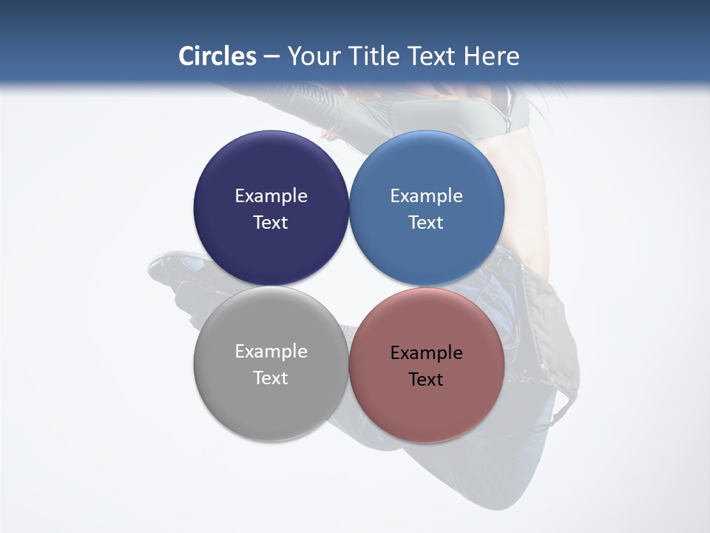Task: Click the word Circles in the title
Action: (x=217, y=56)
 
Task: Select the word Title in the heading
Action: (x=376, y=56)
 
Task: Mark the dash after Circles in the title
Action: (x=271, y=57)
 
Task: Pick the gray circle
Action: (x=271, y=403)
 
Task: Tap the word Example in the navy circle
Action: (x=271, y=196)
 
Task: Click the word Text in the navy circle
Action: (x=271, y=223)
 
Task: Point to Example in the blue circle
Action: (x=427, y=196)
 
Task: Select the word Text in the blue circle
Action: (x=427, y=223)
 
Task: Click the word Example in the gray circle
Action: (x=271, y=352)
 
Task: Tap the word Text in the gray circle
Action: (x=271, y=378)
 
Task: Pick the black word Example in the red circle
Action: (x=427, y=353)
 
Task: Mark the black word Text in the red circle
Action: (x=427, y=380)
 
